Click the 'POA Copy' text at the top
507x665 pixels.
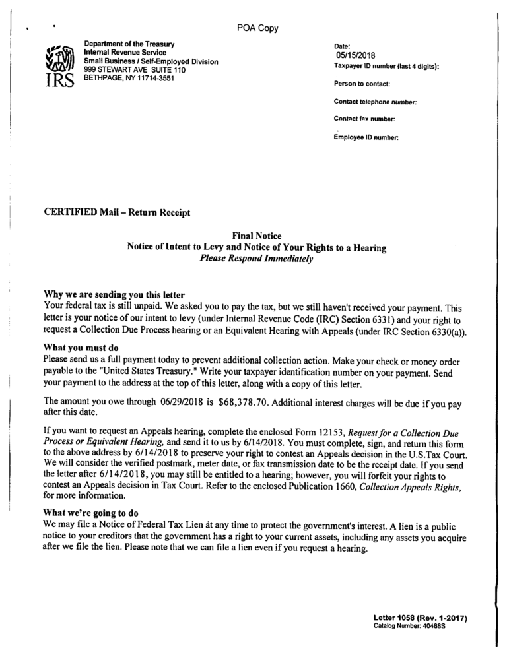click(257, 28)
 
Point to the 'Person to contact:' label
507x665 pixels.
click(362, 84)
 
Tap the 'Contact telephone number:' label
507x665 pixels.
click(375, 102)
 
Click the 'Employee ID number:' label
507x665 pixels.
click(366, 137)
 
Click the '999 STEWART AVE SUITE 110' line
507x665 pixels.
click(131, 69)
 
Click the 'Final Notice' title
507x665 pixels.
click(257, 236)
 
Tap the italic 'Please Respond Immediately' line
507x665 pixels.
click(256, 259)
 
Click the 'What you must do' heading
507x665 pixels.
click(80, 347)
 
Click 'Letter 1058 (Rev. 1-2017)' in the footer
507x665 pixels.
click(421, 617)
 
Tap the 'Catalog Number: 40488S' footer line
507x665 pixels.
click(410, 625)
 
